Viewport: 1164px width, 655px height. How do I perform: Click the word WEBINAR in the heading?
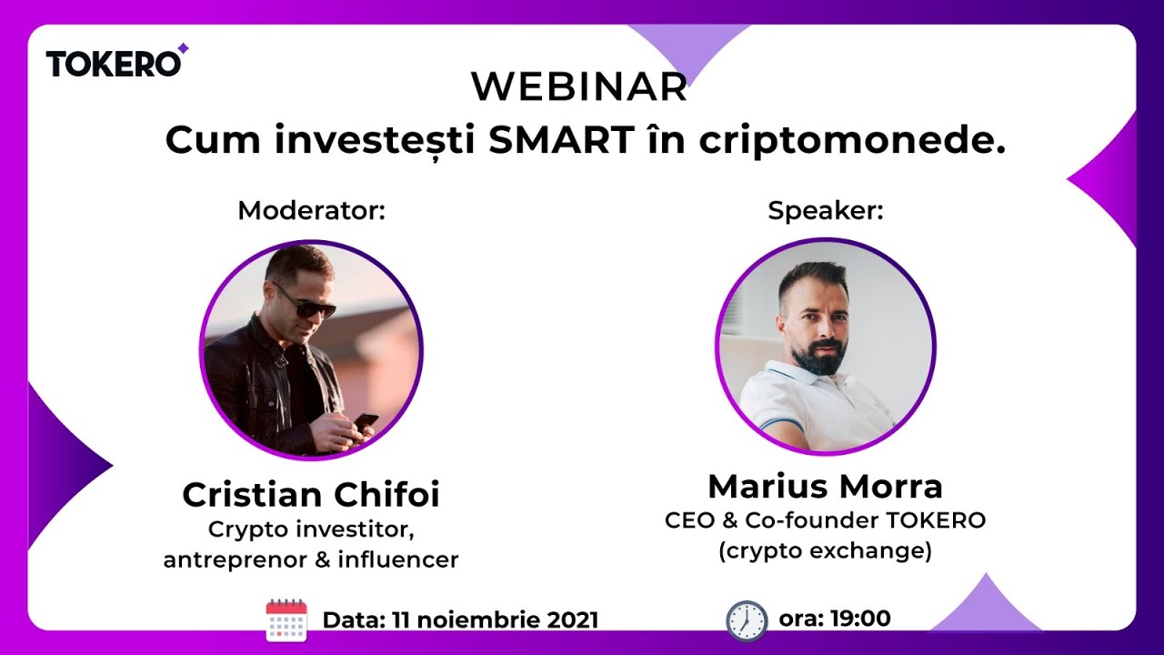(x=579, y=87)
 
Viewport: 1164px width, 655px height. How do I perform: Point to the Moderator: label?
(x=312, y=211)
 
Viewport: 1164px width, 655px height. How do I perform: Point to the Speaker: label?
(x=826, y=211)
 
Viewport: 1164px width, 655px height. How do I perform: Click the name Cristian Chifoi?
(x=311, y=495)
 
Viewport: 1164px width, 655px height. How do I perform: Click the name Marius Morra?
(x=825, y=487)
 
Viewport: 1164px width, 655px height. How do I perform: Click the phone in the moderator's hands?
(x=366, y=421)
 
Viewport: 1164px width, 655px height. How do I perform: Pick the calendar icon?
(x=286, y=620)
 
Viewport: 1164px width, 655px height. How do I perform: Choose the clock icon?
(x=747, y=620)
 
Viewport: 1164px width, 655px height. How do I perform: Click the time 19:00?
(x=858, y=619)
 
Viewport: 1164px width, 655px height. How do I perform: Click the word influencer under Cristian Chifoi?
(x=397, y=559)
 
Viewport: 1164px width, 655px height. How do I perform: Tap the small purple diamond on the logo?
(x=183, y=48)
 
